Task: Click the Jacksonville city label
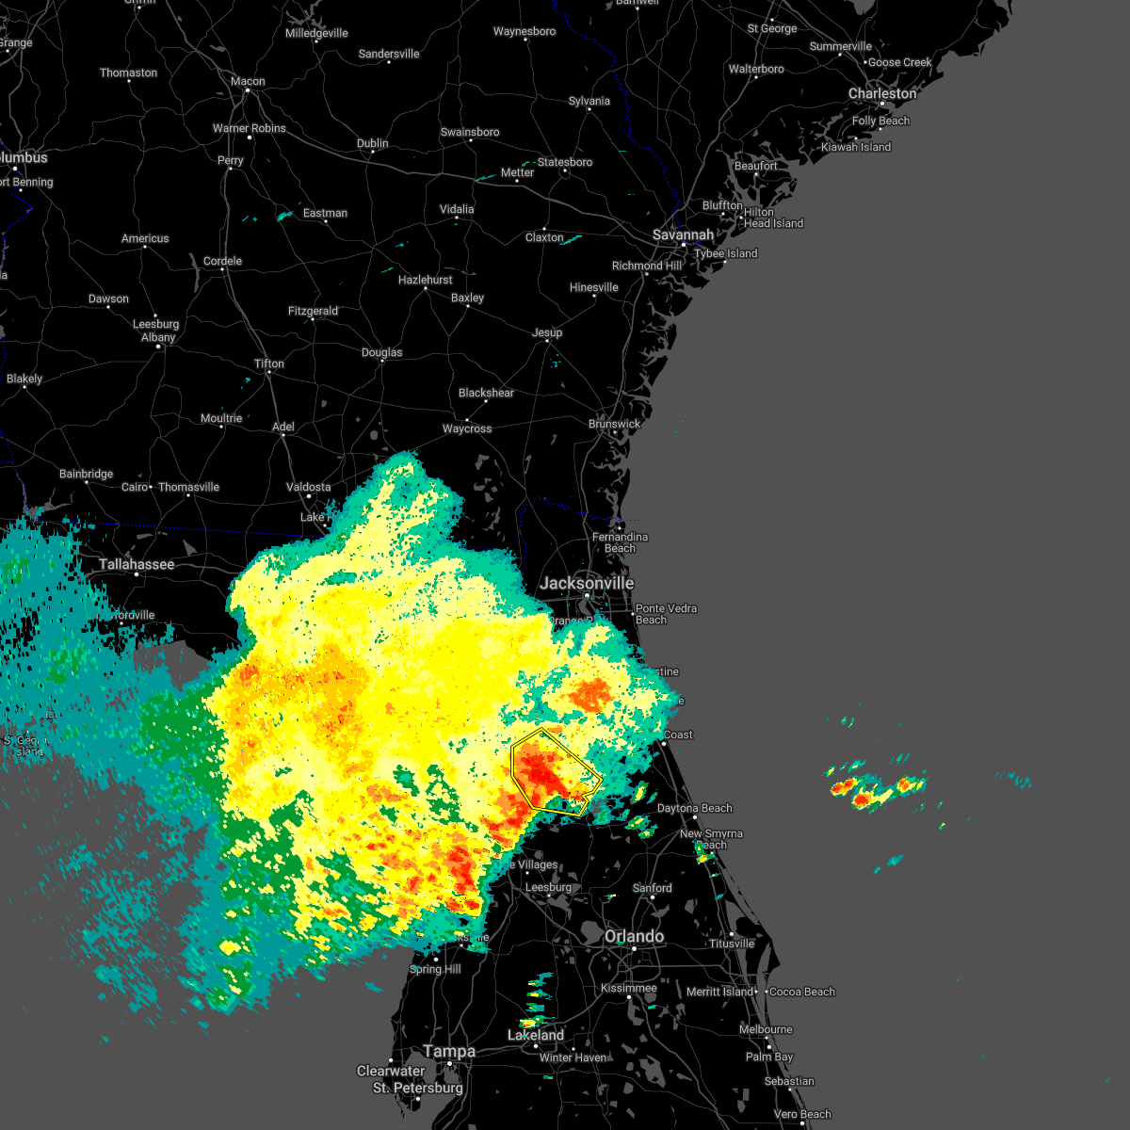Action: pos(587,584)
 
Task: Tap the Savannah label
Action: pos(683,234)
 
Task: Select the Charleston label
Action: pos(881,94)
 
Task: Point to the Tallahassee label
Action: pos(137,565)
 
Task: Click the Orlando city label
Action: pos(634,936)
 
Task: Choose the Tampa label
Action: pos(449,1051)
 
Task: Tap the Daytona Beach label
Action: pos(694,808)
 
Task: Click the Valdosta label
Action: pos(308,487)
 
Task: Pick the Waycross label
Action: pos(467,428)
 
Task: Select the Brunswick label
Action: pos(614,424)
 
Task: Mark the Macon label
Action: pos(248,81)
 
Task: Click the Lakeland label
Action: pos(536,1035)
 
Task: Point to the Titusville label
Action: pos(732,944)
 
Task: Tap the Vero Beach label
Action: pos(802,1114)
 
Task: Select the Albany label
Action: pos(158,337)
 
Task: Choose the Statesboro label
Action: pos(565,162)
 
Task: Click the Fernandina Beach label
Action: pos(620,542)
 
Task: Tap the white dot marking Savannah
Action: pos(685,245)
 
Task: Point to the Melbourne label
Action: pos(766,1029)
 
